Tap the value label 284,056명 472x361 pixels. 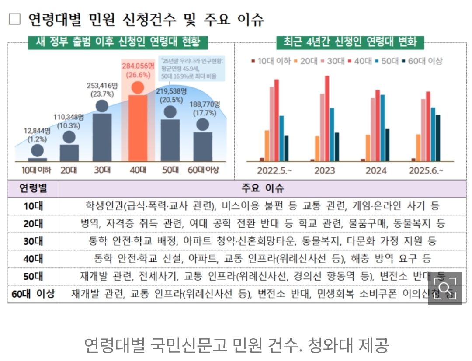138,66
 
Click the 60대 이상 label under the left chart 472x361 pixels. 203,170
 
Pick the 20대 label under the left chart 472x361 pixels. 69,170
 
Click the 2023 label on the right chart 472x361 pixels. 325,170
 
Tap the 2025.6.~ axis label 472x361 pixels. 426,170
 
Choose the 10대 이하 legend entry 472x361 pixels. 271,62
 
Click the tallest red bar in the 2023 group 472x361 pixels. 327,118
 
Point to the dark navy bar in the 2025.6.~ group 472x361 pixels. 438,138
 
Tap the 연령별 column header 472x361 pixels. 33,188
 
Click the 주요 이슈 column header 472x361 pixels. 262,188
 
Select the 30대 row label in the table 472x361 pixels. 33,241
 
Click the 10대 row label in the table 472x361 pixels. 33,206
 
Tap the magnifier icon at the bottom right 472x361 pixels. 444,288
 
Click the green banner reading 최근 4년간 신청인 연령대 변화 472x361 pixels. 350,42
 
